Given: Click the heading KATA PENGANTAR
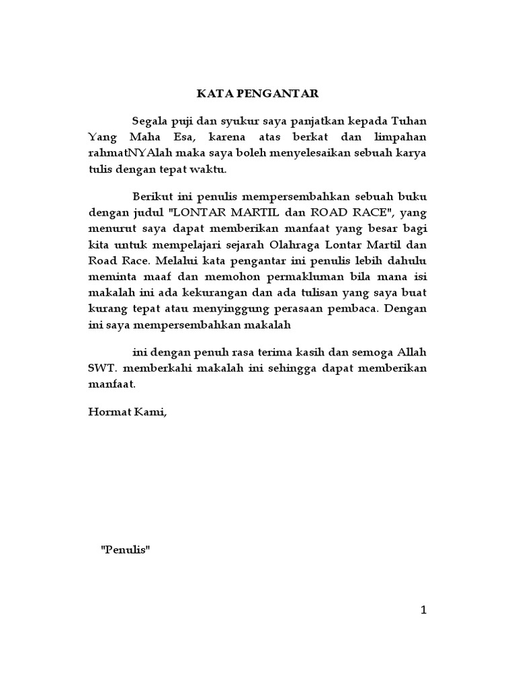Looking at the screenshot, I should coord(257,94).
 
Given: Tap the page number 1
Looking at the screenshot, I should coord(423,609).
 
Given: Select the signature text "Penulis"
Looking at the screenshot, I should coord(126,549).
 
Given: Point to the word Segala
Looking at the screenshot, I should coord(150,122).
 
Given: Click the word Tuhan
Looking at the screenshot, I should coord(409,122).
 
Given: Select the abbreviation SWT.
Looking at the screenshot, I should coord(101,369).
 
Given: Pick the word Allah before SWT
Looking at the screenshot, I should coord(410,353).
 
